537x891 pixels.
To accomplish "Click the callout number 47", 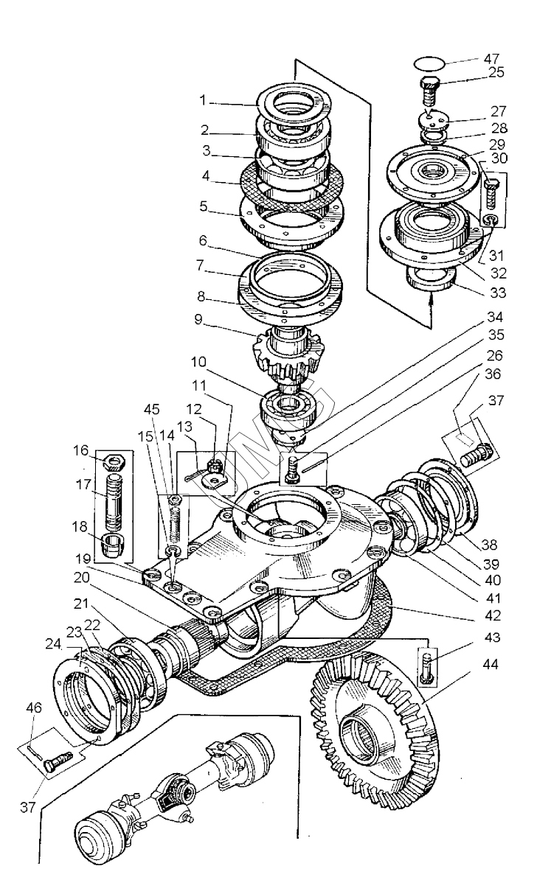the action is (x=491, y=59).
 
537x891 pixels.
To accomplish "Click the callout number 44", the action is (x=490, y=664).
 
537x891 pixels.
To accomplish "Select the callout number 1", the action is (x=204, y=101).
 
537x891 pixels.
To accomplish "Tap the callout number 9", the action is (x=198, y=319).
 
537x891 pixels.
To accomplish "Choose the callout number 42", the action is (x=493, y=615).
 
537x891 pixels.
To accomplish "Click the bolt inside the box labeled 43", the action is (x=426, y=668).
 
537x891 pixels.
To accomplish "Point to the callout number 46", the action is (x=34, y=707).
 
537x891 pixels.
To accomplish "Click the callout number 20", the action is (x=82, y=577).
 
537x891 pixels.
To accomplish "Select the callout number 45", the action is (x=151, y=409).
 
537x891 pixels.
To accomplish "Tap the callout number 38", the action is (x=489, y=544).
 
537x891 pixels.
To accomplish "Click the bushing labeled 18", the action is (x=114, y=545).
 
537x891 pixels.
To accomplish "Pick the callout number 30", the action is (x=499, y=158).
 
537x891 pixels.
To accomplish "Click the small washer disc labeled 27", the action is (x=434, y=119).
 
